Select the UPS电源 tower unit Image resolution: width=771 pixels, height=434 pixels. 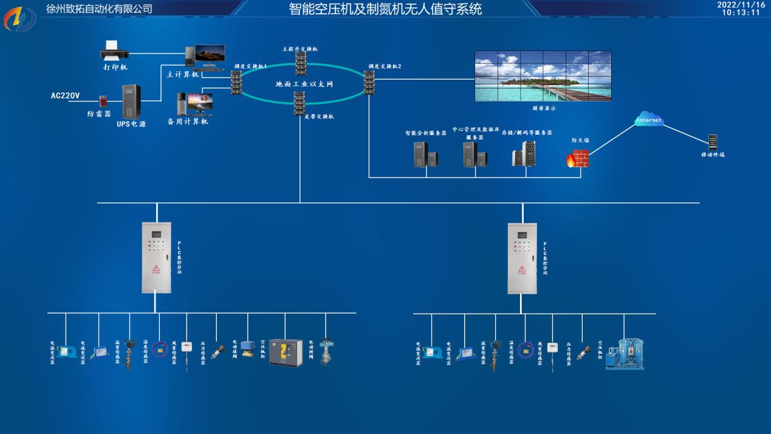[132, 102]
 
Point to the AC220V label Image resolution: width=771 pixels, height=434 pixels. [66, 95]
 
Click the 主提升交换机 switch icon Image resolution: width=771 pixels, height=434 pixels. [301, 63]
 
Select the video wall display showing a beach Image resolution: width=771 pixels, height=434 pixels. [543, 76]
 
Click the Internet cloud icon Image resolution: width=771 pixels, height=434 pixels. [648, 120]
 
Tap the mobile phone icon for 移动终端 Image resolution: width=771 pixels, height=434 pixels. [713, 143]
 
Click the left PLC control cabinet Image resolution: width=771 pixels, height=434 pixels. [157, 257]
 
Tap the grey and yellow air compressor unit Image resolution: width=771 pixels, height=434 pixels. [286, 353]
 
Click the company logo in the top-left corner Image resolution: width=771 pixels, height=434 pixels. [20, 19]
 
